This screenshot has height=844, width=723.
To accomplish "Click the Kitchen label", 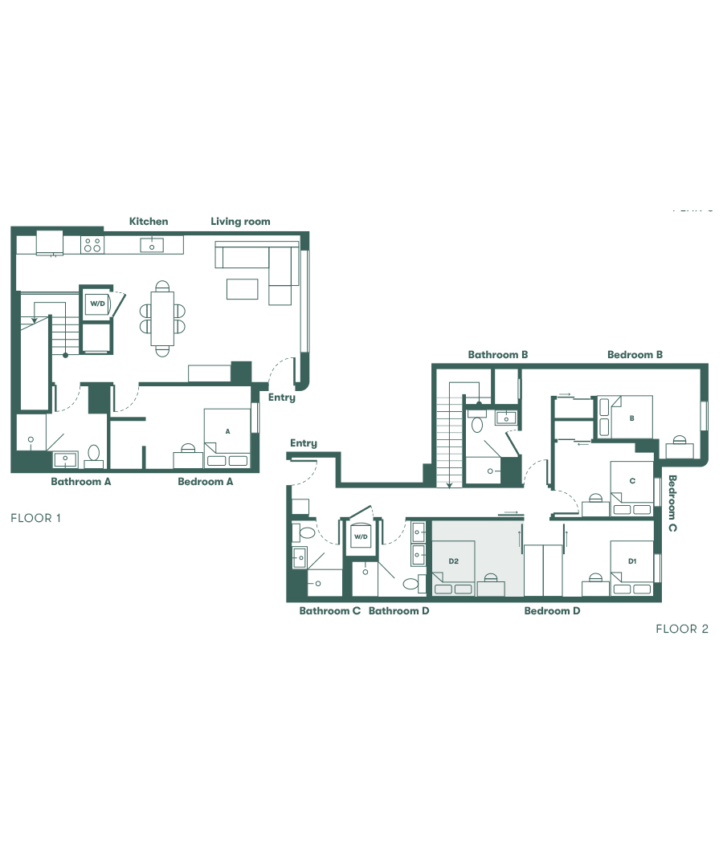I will pos(149,222).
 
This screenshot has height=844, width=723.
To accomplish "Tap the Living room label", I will pos(240,222).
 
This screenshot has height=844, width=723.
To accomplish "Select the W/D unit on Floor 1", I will pos(97,304).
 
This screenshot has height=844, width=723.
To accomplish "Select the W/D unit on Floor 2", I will pos(361,537).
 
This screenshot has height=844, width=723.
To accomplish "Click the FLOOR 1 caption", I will pos(35,519).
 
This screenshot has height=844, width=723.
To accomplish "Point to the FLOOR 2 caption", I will pos(681,629).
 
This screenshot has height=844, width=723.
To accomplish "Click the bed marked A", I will pos(228,438).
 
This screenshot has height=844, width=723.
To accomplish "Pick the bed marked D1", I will pos(631,567).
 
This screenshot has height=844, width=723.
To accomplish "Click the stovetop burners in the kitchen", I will pos(92,245).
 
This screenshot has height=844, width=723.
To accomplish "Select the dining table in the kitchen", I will pos(162,316).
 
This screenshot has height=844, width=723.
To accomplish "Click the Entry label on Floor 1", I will pos(281,398).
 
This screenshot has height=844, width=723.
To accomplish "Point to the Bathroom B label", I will pos(497,354).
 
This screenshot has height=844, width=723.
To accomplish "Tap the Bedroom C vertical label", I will pos(672,504).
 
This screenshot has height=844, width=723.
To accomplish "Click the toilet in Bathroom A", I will pos(93,455).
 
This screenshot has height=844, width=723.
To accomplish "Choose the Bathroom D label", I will pos(398,611).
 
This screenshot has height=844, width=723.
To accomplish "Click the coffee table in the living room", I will pos(243,287).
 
